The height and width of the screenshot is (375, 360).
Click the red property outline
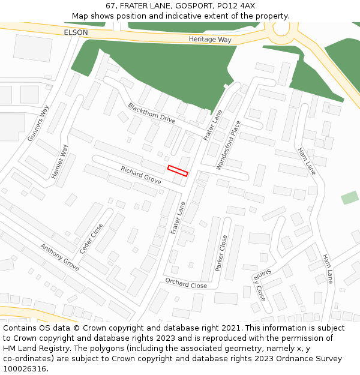178,170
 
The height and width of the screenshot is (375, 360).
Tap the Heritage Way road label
209,39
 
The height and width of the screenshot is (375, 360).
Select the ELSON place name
75,32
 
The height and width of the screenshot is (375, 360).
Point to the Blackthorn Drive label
151,113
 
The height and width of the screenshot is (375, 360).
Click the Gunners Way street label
38,124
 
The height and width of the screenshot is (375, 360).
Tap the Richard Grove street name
141,175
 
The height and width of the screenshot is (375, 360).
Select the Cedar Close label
92,238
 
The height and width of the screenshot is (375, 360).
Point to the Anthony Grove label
59,256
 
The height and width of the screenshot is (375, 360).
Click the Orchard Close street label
186,283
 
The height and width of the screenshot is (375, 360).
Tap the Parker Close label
221,253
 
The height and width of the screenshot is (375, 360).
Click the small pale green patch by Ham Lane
350,197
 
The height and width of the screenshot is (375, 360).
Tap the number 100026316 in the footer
25,369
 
